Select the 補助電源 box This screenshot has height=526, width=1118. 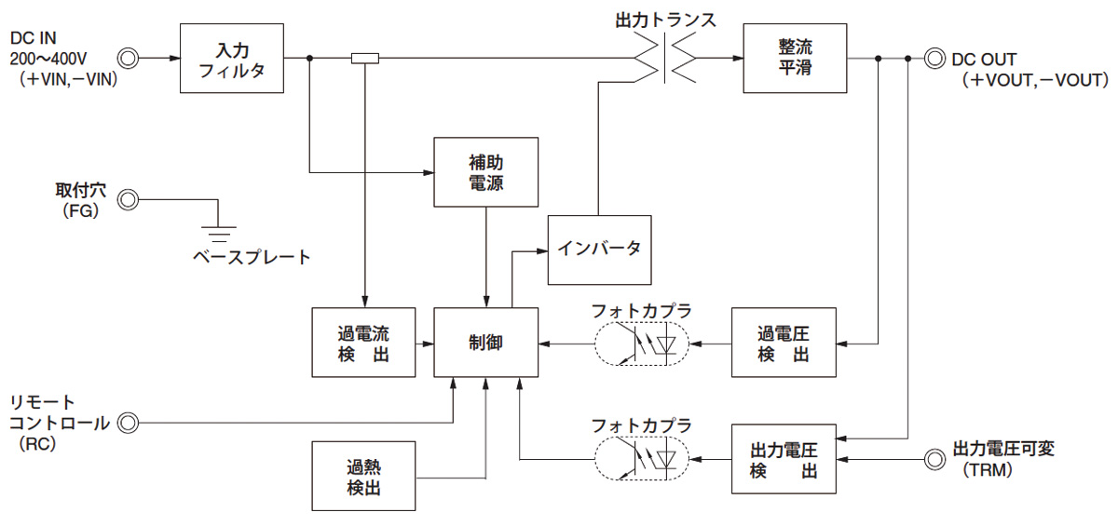486,172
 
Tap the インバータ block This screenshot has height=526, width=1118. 599,250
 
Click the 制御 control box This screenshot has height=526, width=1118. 486,342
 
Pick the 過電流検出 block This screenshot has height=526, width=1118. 363,342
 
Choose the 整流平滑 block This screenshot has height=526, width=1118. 795,58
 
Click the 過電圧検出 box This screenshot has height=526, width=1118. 784,342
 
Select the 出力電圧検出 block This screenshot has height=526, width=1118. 784,459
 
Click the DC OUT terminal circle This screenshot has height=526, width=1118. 931,59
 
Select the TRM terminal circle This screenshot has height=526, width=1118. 933,458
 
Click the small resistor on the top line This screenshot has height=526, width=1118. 365,59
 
